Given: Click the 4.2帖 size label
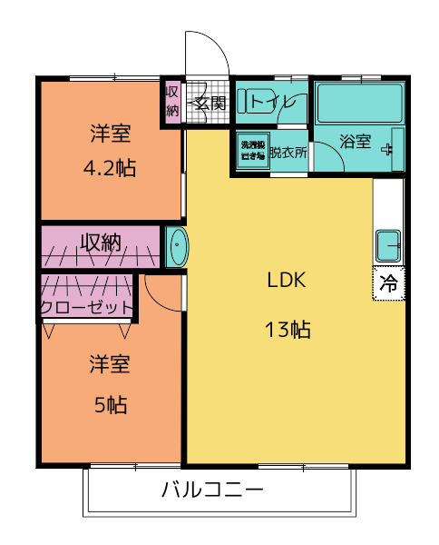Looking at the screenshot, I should tap(109, 168).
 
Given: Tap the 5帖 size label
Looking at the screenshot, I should tap(110, 405).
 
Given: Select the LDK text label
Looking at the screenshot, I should tap(287, 280).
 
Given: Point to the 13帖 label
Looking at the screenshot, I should tap(288, 330).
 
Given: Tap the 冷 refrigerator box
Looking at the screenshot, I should tap(387, 283).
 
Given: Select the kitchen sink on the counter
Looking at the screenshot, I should tap(388, 246).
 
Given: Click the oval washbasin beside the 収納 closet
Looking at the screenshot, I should tap(176, 247).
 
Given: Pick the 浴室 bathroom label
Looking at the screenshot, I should tap(355, 142).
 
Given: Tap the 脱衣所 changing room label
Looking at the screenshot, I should tap(288, 152).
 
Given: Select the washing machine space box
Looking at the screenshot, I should tap(251, 152).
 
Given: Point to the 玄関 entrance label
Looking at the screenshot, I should tap(210, 101).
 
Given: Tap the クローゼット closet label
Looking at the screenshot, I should tap(86, 307).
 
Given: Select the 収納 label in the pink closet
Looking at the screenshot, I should tap(100, 243).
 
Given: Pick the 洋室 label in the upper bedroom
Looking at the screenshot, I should tap(110, 134).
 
